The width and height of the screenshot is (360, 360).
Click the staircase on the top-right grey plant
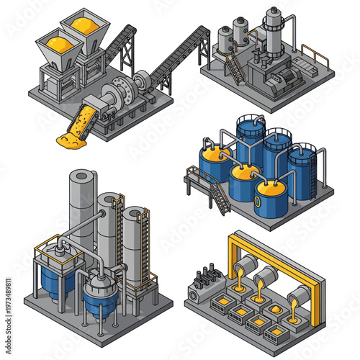point(235,69)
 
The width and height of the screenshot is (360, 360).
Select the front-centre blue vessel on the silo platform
point(99,298)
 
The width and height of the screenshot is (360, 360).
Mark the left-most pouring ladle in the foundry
point(245,267)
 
